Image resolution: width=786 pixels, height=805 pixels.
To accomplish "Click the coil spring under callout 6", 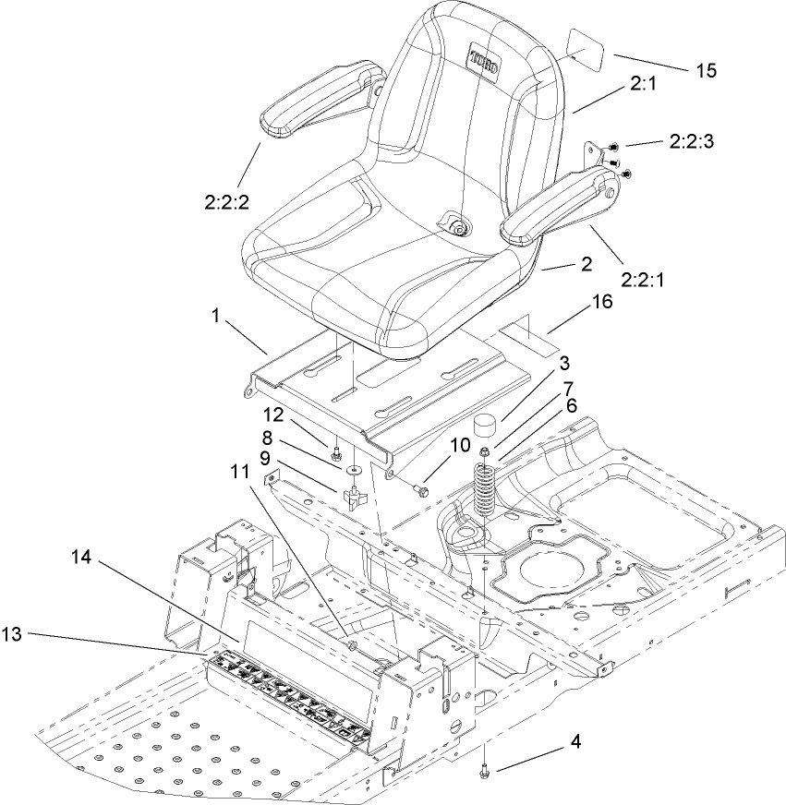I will tap(484, 493).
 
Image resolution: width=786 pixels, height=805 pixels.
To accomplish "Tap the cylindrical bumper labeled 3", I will tap(485, 428).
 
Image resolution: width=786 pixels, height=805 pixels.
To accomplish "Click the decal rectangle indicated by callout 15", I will tap(584, 55).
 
